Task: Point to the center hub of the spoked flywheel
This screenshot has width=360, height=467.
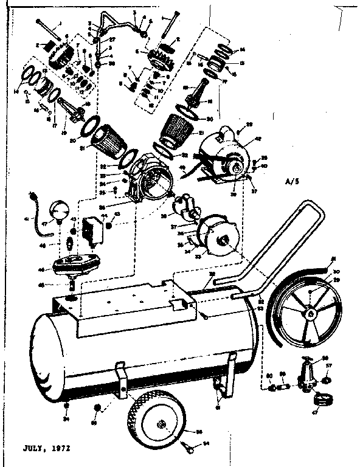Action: [310, 313]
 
